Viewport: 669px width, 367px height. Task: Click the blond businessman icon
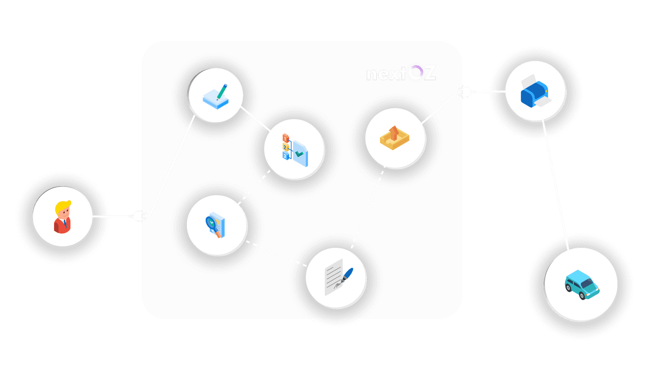tap(63, 217)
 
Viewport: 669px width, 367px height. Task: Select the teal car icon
tap(581, 284)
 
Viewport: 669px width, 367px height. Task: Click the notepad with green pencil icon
tap(216, 96)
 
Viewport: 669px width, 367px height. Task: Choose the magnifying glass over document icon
tap(216, 225)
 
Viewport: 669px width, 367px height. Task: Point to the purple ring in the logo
tap(415, 72)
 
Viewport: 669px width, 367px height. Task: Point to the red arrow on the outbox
tap(394, 133)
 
